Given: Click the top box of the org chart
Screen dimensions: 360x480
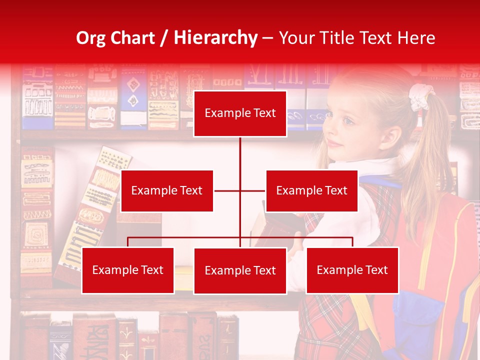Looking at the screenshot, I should pyautogui.click(x=240, y=113).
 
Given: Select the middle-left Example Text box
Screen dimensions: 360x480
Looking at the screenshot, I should pyautogui.click(x=167, y=190).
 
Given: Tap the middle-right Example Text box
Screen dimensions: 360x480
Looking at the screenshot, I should pyautogui.click(x=311, y=190).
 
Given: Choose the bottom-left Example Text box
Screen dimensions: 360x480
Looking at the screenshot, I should pyautogui.click(x=128, y=270).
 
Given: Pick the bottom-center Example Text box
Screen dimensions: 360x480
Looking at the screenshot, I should pyautogui.click(x=240, y=270).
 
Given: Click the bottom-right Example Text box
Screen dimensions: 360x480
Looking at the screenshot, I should pyautogui.click(x=352, y=270).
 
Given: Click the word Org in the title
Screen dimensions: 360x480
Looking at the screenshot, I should pyautogui.click(x=90, y=38).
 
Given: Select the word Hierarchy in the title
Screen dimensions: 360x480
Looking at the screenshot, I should pyautogui.click(x=215, y=38).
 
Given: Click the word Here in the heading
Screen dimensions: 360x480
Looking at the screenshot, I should pyautogui.click(x=416, y=38).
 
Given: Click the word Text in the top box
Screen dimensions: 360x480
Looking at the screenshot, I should pyautogui.click(x=264, y=113).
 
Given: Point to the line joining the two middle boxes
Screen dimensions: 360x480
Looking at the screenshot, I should pyautogui.click(x=239, y=190).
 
